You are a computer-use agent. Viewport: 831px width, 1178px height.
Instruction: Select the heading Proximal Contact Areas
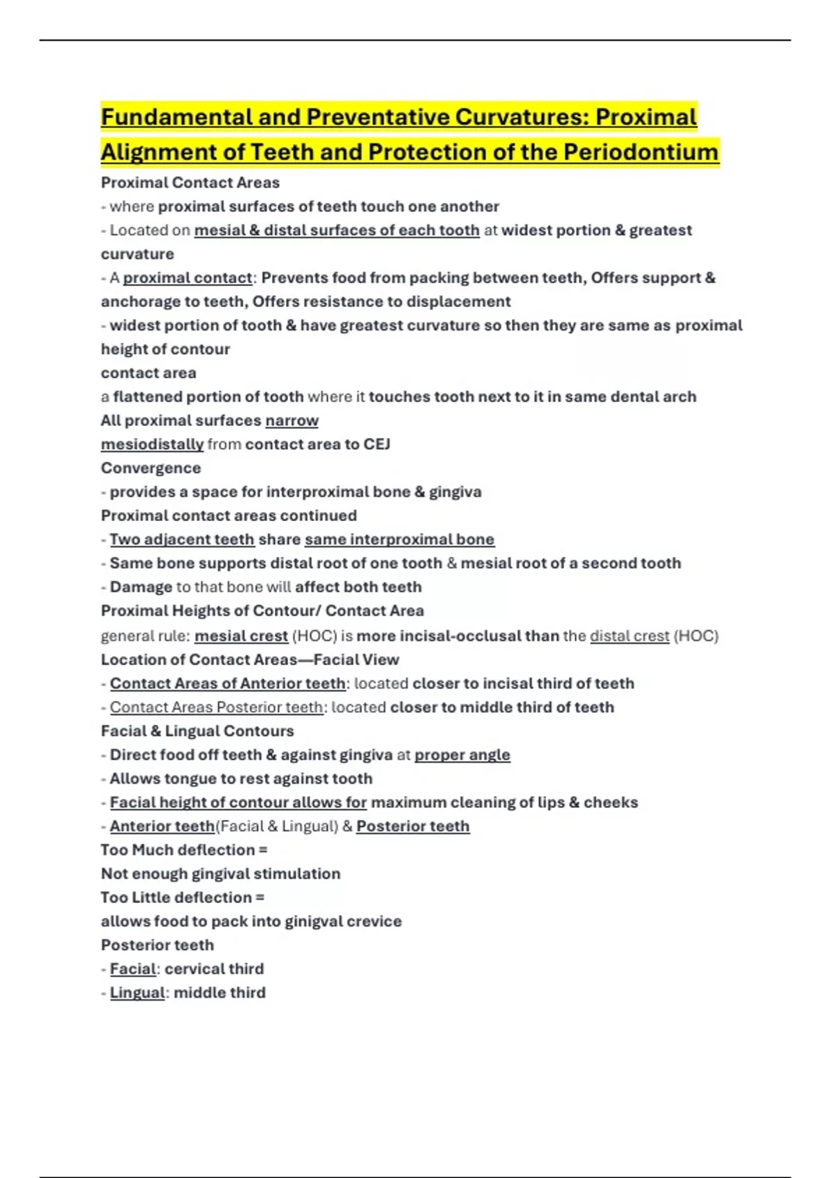click(x=190, y=183)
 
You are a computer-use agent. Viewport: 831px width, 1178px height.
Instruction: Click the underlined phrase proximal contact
click(x=188, y=278)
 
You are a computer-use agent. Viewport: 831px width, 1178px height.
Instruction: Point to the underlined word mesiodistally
click(x=152, y=444)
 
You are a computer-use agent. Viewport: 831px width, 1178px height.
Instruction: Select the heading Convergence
click(x=151, y=468)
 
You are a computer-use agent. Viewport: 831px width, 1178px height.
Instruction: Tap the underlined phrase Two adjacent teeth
click(x=182, y=539)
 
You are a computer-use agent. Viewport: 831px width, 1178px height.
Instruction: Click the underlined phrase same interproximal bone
click(x=400, y=539)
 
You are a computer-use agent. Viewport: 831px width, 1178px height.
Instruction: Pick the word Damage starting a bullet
click(x=141, y=587)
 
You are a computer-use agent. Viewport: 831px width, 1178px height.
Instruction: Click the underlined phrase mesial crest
click(x=241, y=636)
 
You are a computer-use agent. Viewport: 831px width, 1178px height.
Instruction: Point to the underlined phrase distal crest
click(x=629, y=636)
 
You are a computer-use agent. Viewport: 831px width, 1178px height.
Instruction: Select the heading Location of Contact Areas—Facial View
click(x=250, y=660)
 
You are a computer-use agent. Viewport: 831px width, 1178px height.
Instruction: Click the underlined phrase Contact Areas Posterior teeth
click(x=216, y=707)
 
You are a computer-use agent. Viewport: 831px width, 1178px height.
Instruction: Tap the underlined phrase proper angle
click(x=463, y=755)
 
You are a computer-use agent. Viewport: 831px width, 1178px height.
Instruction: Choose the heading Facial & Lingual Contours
click(x=197, y=731)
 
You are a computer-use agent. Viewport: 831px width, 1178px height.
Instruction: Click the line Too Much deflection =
click(x=184, y=850)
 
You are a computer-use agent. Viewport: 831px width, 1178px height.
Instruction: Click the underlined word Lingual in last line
click(x=137, y=993)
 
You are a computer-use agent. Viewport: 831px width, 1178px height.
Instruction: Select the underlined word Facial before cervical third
click(x=133, y=969)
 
